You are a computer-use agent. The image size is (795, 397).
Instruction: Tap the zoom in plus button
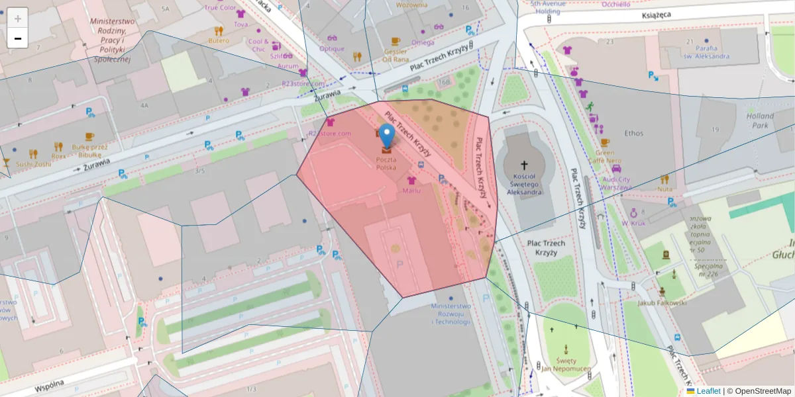coord(18,18)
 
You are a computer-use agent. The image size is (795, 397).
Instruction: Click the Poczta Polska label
coord(386,164)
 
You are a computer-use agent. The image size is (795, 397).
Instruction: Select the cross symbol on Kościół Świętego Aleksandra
coord(524,165)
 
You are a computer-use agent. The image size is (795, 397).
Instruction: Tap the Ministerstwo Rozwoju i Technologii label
coord(450,314)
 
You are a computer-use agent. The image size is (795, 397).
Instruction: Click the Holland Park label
coord(760,120)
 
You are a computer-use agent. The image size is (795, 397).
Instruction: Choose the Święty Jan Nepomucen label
coord(566,364)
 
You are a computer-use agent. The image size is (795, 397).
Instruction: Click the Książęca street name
coord(657,14)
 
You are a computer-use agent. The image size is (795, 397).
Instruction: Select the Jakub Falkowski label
coord(662,303)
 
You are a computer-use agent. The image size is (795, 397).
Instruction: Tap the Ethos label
coord(633,133)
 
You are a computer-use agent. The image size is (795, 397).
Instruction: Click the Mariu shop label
coord(411,191)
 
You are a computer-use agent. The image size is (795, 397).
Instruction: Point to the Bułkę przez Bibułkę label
coord(89,151)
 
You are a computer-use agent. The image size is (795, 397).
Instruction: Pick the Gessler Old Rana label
coord(396,54)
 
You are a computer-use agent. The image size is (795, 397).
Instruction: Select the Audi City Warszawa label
coord(616,183)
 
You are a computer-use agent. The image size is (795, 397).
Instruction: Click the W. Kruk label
coord(633,223)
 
